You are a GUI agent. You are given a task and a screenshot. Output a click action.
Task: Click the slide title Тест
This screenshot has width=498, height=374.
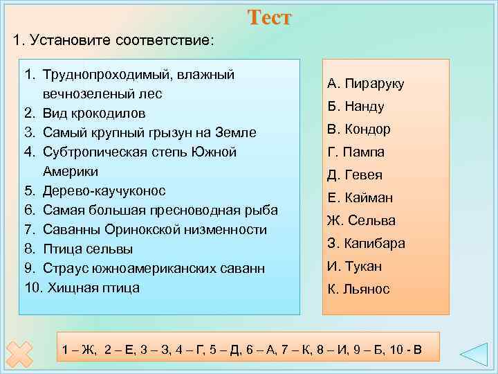point(269,18)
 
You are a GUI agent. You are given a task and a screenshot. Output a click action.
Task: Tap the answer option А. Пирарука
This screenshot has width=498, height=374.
point(366,84)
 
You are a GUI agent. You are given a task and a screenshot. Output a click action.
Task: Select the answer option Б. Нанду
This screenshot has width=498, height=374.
point(356,107)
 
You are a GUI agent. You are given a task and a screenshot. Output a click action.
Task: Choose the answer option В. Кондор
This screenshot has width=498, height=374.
point(359,130)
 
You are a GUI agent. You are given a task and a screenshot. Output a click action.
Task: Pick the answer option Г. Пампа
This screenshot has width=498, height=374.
point(356,152)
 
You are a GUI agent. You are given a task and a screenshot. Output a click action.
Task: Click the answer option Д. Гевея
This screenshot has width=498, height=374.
point(355,175)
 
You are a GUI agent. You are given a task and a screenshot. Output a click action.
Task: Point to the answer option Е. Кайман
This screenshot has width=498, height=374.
point(360,198)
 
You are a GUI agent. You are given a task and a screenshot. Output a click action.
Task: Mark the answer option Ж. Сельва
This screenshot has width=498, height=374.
point(361,221)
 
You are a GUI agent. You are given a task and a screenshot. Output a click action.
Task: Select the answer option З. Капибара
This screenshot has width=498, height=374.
point(366,244)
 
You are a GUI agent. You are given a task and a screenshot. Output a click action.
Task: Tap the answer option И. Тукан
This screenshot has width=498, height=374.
point(354,267)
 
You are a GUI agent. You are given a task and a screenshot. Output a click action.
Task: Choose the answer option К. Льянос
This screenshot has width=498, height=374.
point(358,290)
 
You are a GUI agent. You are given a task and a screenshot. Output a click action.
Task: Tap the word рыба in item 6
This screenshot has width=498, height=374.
point(264,210)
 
